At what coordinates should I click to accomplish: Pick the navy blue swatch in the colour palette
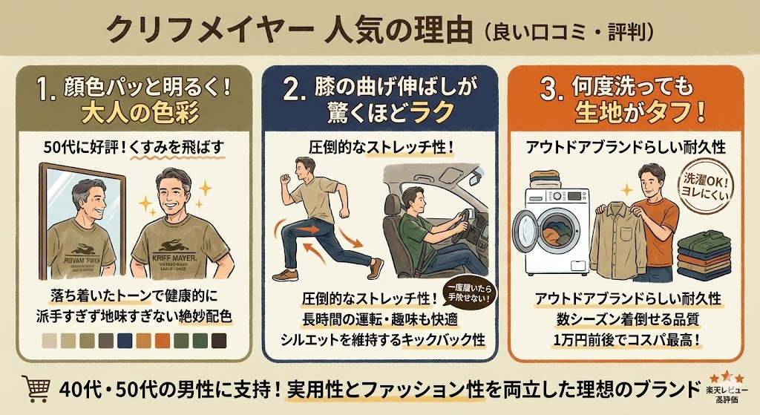pyautogui.click(x=125, y=341)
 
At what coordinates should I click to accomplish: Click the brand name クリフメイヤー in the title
pyautogui.click(x=204, y=30)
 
